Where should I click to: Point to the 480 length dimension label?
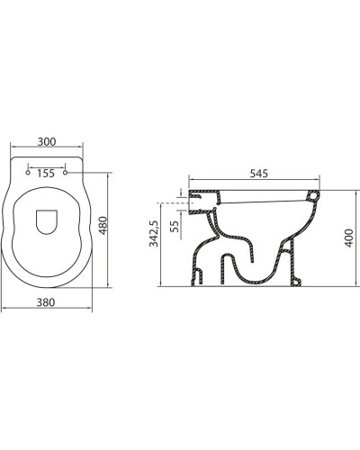point(103,229)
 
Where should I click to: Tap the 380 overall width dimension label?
point(50,301)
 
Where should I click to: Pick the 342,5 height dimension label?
point(154,234)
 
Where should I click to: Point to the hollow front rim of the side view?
point(313,195)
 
